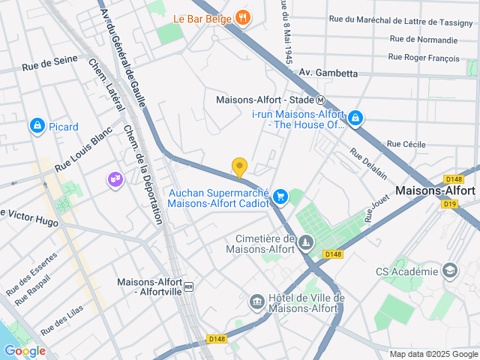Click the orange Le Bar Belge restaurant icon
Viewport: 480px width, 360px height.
pos(242,16)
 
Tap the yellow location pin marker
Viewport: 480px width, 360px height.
pos(239,168)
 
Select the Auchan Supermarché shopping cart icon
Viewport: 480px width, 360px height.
pos(280,196)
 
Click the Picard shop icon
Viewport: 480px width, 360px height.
pos(37,126)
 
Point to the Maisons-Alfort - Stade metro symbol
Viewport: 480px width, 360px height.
pos(320,100)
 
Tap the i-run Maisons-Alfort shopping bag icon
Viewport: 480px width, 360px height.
pos(355,118)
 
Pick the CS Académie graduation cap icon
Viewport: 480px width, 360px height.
pos(450,271)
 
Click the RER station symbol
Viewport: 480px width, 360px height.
pos(189,286)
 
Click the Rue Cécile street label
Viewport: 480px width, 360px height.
pos(406,144)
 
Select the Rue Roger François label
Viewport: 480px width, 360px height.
pos(423,56)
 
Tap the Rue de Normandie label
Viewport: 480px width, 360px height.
pos(424,39)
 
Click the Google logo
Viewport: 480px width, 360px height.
pos(25,350)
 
